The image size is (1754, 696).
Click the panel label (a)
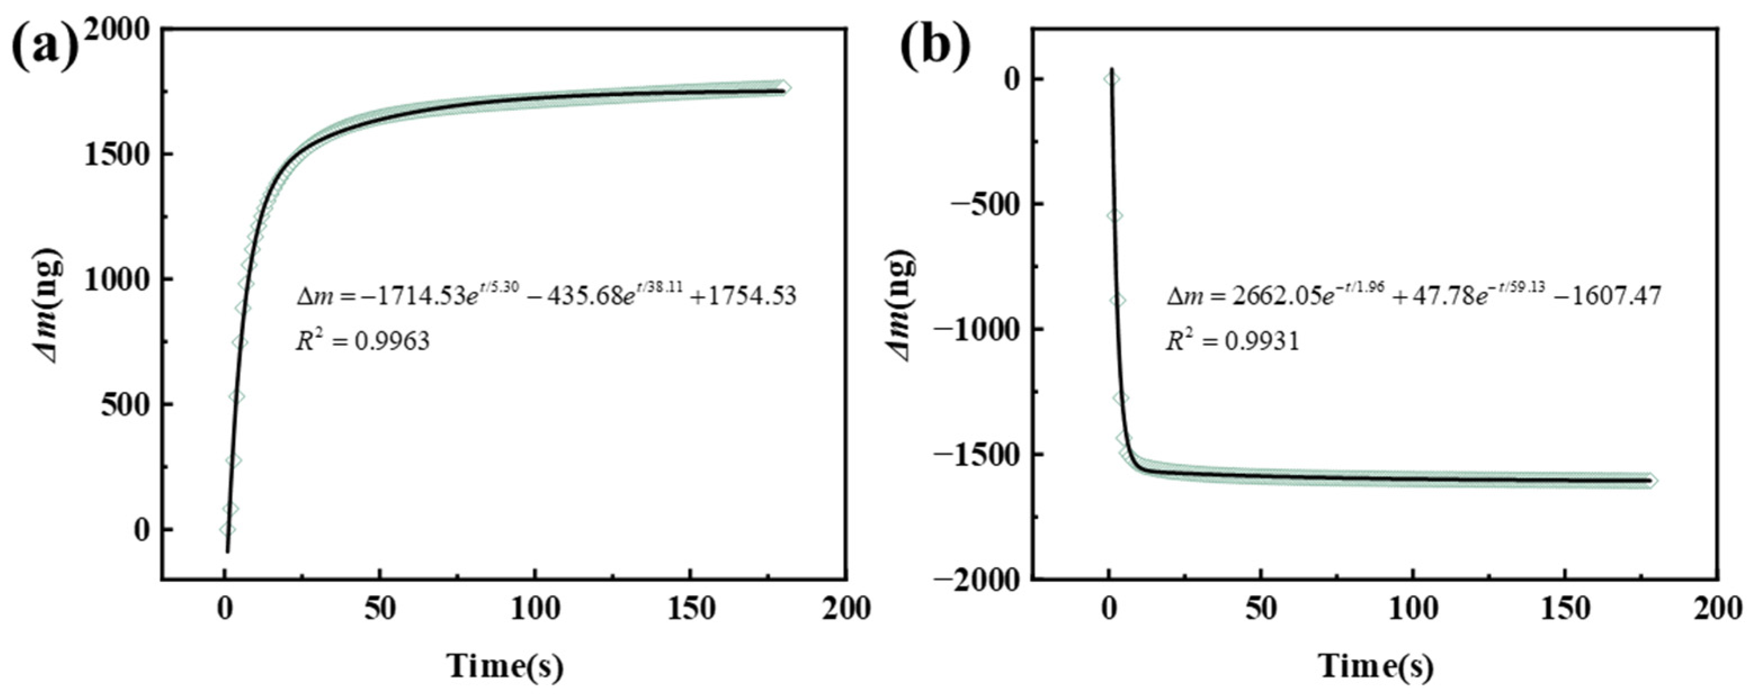point(45,48)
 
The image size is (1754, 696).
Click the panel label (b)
point(935,48)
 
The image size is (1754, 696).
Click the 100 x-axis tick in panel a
point(535,608)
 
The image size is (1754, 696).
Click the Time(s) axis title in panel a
point(505,667)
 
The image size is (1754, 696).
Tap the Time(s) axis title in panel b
point(1377,667)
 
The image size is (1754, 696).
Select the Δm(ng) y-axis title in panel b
point(903,304)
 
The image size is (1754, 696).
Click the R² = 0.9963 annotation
point(363,340)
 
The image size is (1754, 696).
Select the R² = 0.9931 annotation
point(1232,340)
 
